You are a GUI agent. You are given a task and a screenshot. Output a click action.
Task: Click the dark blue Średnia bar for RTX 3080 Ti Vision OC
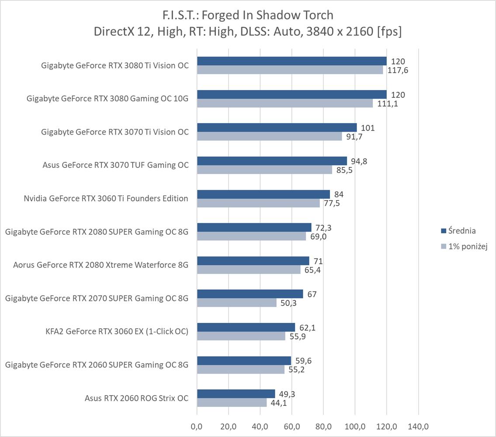(291, 61)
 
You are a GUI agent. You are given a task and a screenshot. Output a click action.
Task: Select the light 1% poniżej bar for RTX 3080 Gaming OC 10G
(284, 104)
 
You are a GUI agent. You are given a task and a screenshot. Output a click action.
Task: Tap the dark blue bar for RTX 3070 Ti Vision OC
(277, 128)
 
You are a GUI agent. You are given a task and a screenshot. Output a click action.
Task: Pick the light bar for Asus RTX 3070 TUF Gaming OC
(264, 170)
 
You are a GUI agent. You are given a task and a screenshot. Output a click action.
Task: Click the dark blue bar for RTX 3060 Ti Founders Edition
(263, 194)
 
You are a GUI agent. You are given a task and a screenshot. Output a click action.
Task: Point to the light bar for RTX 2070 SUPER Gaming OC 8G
(236, 303)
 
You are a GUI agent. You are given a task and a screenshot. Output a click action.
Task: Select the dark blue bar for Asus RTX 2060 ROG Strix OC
(236, 394)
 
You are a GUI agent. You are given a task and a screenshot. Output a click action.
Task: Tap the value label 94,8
(359, 161)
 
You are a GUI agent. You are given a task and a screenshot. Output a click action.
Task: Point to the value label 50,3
(288, 303)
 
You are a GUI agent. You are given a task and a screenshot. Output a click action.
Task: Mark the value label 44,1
(278, 403)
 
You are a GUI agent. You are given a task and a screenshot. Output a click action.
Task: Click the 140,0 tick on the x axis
(418, 426)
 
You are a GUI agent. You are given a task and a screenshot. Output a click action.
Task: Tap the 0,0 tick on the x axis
(197, 426)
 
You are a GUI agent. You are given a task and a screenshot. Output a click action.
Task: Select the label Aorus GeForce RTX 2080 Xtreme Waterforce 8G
(101, 265)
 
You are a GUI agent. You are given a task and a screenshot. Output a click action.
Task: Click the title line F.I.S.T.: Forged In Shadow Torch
(247, 15)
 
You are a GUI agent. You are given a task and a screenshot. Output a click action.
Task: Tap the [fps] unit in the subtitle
(389, 32)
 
